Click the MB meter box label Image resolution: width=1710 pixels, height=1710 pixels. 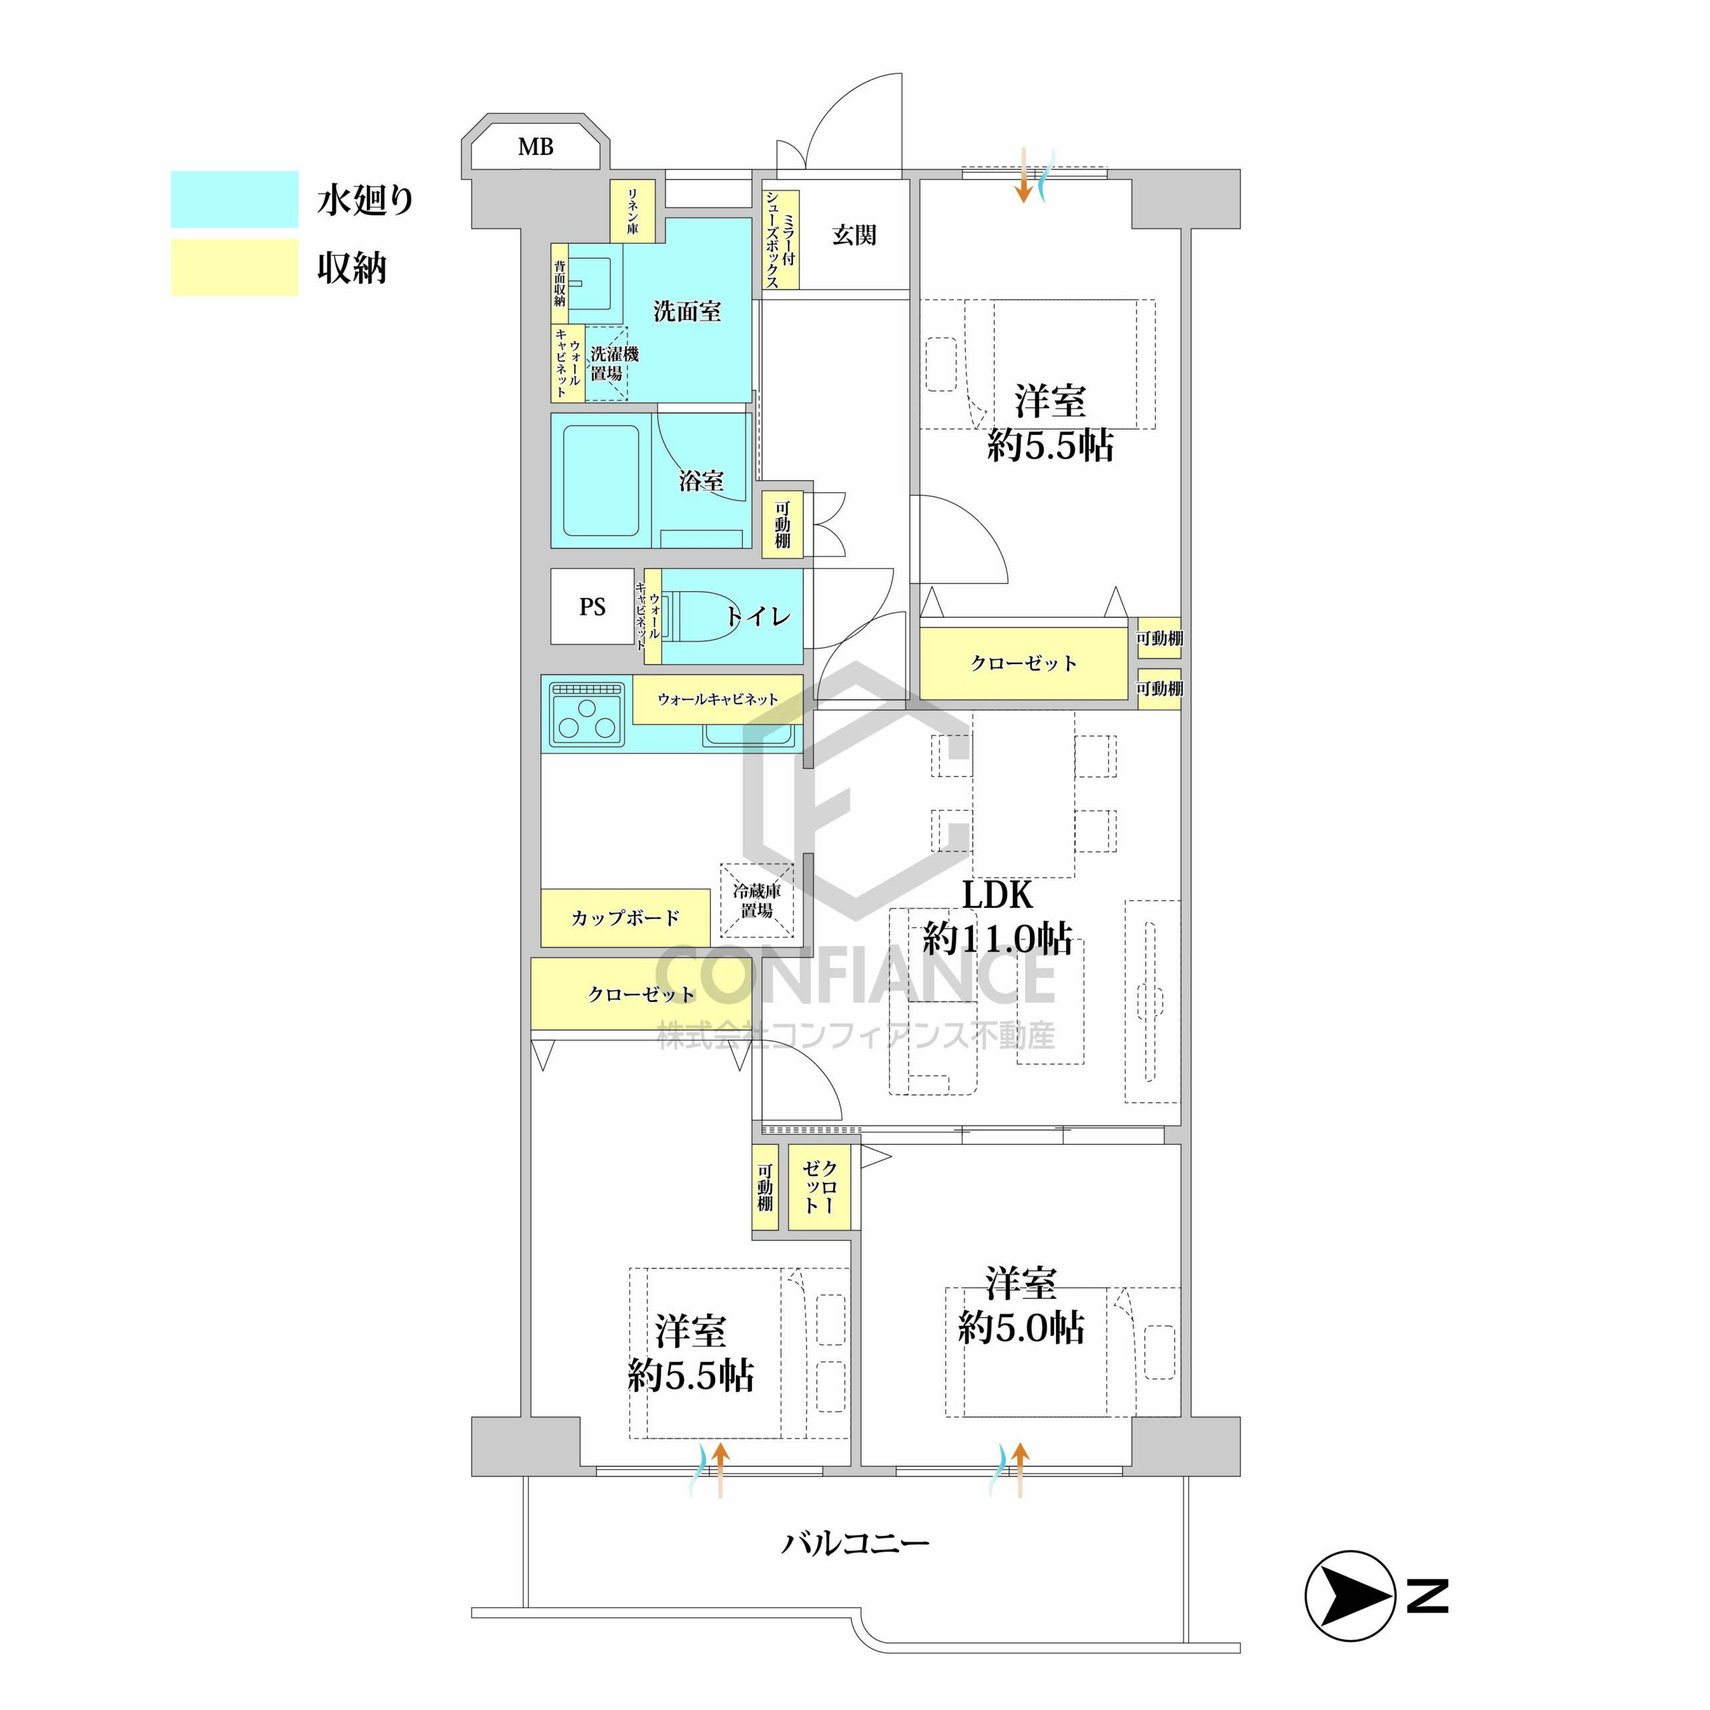click(536, 147)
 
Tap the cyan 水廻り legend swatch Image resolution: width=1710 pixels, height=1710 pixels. click(234, 199)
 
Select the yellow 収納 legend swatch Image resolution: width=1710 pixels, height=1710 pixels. click(234, 267)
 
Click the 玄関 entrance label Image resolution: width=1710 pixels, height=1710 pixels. click(854, 235)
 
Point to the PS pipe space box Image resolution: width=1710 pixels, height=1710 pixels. click(592, 607)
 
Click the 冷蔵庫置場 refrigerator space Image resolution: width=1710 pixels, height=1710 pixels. click(756, 900)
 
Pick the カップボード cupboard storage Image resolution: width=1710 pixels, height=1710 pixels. click(625, 918)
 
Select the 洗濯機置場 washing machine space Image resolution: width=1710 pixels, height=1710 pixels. click(607, 364)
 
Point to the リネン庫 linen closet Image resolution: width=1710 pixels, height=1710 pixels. click(633, 210)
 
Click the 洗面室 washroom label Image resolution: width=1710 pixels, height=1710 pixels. click(687, 311)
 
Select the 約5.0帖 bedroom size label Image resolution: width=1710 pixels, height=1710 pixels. click(1021, 1328)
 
